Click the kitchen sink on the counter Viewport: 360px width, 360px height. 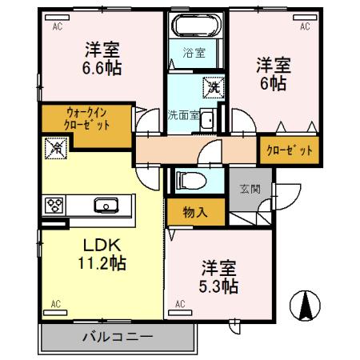point(106,206)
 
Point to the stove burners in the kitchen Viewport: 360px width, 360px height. point(54,205)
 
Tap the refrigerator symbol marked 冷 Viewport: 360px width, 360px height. point(56,147)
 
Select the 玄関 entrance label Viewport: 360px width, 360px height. point(249,190)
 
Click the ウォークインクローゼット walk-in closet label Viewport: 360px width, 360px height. point(87,119)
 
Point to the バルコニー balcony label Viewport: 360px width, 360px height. point(117,336)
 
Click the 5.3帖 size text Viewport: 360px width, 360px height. point(219,284)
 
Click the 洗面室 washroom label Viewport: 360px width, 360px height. point(183,114)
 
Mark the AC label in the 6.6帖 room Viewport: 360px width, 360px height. point(57,26)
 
